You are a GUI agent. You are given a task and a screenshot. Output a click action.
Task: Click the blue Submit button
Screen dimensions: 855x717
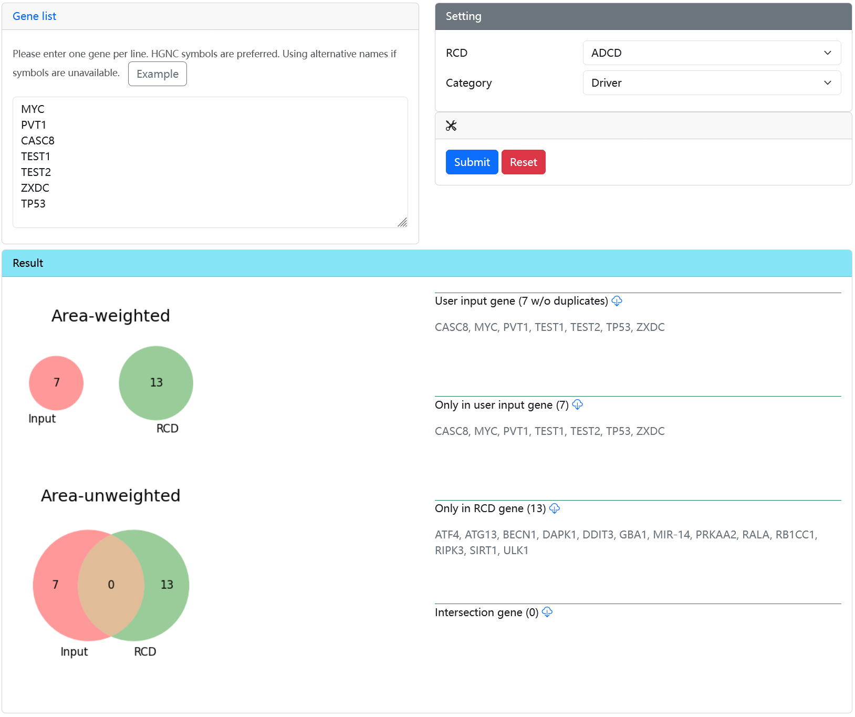click(x=472, y=162)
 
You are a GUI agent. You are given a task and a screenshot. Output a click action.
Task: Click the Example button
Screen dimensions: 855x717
click(x=158, y=74)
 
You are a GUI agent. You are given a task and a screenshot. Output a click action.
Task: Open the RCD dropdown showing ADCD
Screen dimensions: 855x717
click(x=712, y=53)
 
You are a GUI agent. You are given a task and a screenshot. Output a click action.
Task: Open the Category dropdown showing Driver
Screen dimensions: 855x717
click(x=712, y=83)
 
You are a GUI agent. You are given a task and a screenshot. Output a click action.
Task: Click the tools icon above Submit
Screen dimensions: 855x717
click(x=451, y=126)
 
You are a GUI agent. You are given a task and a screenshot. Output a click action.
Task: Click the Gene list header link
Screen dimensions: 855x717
click(x=34, y=16)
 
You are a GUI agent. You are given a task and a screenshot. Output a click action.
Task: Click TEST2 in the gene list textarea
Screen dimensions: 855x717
click(x=36, y=172)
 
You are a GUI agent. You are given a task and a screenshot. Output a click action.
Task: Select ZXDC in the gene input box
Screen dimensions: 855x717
click(x=35, y=188)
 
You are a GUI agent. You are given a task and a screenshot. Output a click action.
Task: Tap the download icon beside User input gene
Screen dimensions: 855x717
click(x=617, y=301)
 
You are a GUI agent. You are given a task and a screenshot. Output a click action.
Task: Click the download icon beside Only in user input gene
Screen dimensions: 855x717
click(x=578, y=404)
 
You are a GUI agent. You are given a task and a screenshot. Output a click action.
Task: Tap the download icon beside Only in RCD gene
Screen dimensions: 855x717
click(x=555, y=508)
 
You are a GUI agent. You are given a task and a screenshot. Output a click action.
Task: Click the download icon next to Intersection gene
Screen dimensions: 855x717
click(x=547, y=612)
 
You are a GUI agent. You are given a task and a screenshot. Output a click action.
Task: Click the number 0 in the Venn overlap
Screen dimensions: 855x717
click(x=111, y=585)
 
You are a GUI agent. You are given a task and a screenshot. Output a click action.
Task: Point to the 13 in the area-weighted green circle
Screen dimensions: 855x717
click(x=157, y=382)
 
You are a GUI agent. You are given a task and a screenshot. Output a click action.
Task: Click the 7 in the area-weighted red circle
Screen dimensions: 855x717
click(x=57, y=382)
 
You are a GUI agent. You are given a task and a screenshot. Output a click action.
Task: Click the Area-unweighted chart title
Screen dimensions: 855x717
click(x=111, y=495)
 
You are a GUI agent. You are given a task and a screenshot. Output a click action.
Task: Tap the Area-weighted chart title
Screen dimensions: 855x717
click(x=111, y=316)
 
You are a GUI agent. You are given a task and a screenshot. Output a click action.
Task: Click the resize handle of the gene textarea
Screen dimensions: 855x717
click(x=402, y=222)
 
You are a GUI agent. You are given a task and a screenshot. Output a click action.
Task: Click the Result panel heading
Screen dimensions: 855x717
click(x=28, y=263)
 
